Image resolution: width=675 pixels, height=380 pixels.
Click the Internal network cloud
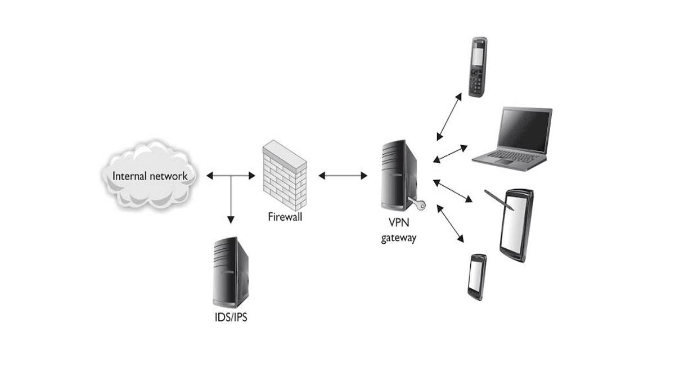[x=150, y=176]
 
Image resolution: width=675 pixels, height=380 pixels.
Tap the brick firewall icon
[x=285, y=175]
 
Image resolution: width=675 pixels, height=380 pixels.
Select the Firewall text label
[x=285, y=217]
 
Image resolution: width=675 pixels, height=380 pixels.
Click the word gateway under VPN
[x=399, y=238]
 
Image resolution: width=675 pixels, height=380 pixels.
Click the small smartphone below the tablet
[x=476, y=277]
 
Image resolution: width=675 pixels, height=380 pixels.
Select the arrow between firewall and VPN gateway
[x=343, y=176]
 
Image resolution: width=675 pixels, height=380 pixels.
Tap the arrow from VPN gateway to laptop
[x=451, y=154]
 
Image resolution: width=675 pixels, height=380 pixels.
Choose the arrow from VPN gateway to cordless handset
[x=449, y=117]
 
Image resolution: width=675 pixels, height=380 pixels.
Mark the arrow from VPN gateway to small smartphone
[x=450, y=223]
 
